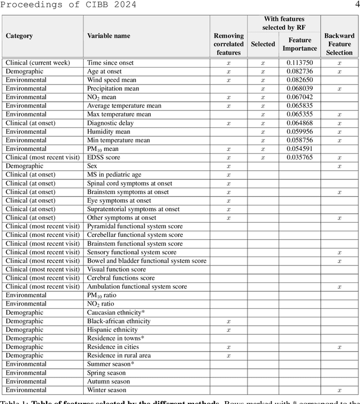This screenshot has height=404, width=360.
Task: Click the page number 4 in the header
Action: click(x=355, y=5)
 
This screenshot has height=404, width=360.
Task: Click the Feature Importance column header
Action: click(x=300, y=44)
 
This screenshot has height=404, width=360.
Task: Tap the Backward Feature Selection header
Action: click(x=339, y=44)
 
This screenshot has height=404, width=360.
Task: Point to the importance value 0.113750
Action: click(x=300, y=63)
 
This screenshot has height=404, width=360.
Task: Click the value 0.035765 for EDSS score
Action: click(x=300, y=158)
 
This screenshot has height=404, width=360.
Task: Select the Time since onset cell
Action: click(x=110, y=63)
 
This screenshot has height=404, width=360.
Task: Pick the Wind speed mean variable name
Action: click(x=111, y=80)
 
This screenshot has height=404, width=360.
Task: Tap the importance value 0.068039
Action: click(x=300, y=89)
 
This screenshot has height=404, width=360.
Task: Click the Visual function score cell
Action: click(x=116, y=270)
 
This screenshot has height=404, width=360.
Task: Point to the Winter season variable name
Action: click(x=106, y=390)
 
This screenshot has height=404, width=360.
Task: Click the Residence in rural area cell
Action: click(x=119, y=356)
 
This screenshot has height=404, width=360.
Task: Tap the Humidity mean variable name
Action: click(x=108, y=132)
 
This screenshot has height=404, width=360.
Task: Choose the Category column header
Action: click(x=19, y=36)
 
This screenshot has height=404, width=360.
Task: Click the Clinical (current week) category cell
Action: click(x=38, y=63)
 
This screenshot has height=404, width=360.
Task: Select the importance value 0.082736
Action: click(x=300, y=71)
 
